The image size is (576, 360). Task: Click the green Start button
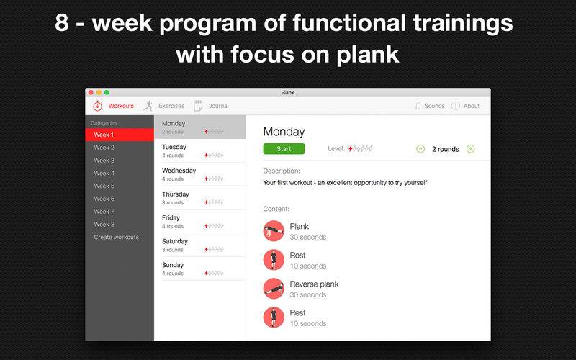click(284, 149)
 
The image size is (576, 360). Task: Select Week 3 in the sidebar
click(104, 160)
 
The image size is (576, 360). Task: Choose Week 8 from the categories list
click(104, 224)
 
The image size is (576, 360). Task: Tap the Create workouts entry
click(116, 237)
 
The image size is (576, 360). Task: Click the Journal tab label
click(219, 106)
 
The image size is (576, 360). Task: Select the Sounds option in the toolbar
click(434, 106)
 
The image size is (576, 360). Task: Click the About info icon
click(456, 106)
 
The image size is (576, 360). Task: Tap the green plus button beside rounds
click(471, 149)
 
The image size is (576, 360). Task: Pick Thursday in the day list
click(176, 194)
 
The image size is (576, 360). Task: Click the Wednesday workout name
click(179, 171)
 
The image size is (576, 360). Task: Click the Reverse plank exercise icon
click(274, 289)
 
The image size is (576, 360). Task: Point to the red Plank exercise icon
click(274, 230)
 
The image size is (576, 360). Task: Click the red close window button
click(91, 93)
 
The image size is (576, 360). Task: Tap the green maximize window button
click(107, 93)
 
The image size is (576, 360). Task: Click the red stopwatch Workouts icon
click(97, 106)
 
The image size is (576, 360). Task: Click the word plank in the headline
click(367, 55)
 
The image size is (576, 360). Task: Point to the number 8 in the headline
click(62, 23)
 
